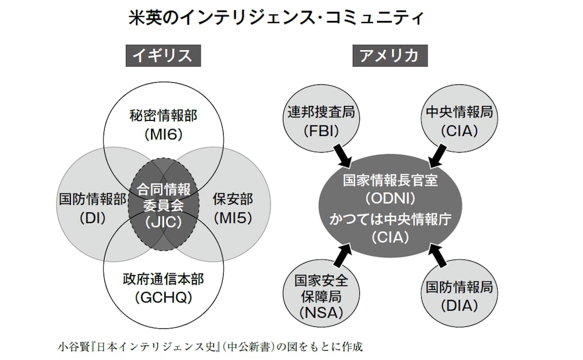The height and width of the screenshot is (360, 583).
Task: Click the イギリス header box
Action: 163,55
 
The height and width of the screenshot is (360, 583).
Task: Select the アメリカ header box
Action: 390,55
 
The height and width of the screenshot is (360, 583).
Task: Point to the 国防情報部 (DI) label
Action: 92,208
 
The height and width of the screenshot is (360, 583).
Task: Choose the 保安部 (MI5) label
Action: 233,208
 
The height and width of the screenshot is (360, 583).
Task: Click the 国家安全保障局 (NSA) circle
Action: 321,296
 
